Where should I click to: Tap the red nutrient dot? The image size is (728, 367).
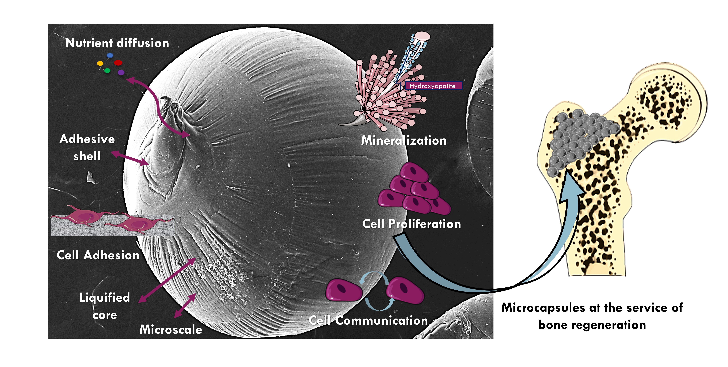click(118, 63)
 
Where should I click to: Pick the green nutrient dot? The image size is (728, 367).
click(107, 70)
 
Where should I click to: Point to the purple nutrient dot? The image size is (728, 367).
click(121, 73)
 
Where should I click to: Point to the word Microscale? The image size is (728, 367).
click(171, 329)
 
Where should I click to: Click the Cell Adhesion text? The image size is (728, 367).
click(98, 255)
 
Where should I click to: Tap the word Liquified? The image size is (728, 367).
click(105, 297)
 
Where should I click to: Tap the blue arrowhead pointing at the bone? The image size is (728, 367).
click(572, 187)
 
